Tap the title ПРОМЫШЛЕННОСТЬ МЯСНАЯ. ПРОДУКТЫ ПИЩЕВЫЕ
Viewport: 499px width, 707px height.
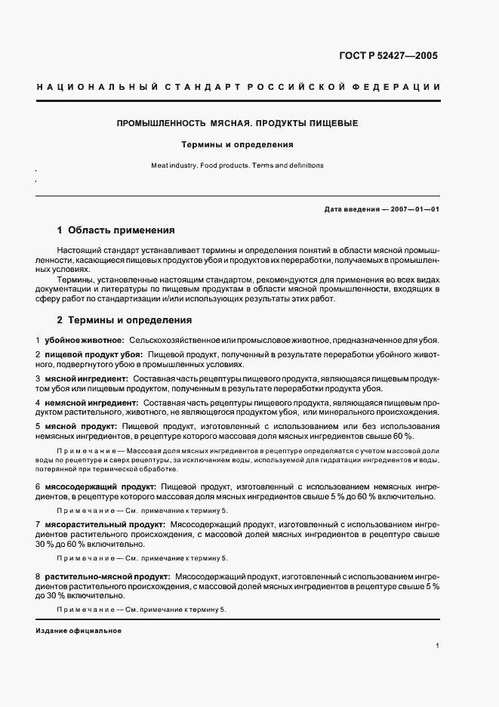237,122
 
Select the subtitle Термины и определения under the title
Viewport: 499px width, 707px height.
237,144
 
